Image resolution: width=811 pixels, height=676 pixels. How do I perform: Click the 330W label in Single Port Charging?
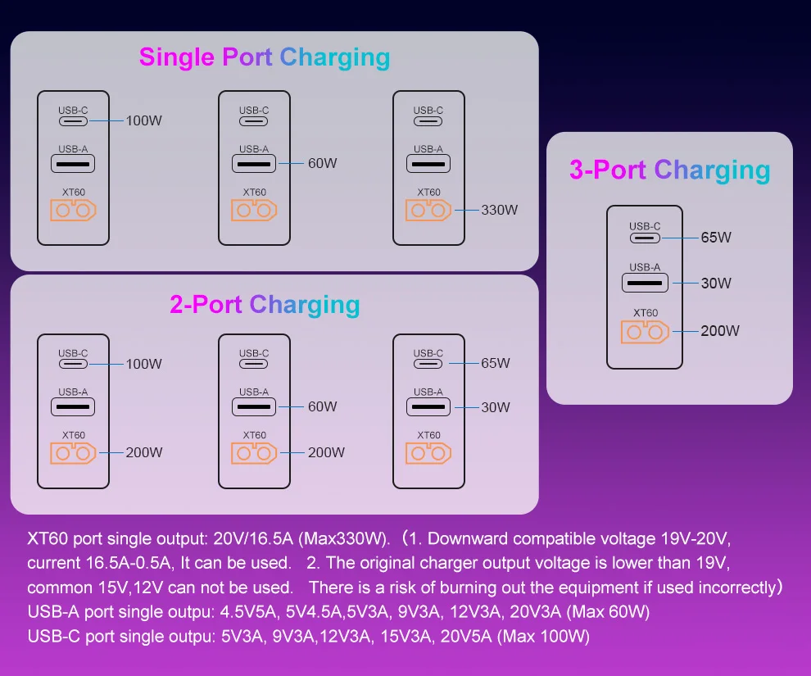click(500, 210)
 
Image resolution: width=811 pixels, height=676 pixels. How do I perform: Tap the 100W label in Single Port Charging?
click(144, 120)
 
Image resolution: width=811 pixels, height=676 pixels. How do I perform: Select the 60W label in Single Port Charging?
click(323, 163)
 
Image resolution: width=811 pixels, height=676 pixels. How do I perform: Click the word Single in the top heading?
click(177, 57)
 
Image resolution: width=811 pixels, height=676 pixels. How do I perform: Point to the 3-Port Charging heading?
click(669, 170)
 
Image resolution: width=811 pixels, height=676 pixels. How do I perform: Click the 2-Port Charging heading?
click(265, 305)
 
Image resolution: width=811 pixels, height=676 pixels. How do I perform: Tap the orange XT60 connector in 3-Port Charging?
click(645, 332)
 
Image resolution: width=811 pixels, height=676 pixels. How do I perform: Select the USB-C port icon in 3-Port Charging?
click(645, 238)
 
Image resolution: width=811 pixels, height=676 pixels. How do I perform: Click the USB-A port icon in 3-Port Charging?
click(645, 283)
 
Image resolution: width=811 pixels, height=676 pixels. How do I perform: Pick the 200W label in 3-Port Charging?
click(720, 331)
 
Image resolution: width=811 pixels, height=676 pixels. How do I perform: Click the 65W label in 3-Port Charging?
click(716, 238)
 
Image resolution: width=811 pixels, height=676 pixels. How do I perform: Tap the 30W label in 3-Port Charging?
click(716, 284)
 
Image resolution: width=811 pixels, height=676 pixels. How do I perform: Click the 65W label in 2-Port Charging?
click(495, 363)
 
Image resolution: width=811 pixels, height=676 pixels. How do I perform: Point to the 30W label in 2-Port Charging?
click(495, 407)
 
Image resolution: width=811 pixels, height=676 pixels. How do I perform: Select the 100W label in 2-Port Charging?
click(144, 364)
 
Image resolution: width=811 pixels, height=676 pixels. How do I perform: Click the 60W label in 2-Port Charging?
click(323, 406)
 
